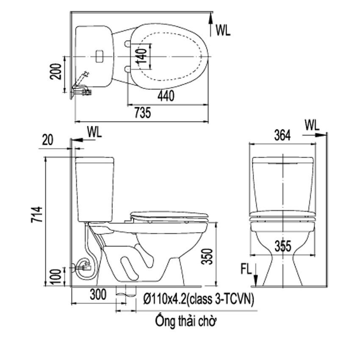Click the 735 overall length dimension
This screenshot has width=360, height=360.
pyautogui.click(x=143, y=113)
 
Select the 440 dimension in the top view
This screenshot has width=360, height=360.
pyautogui.click(x=166, y=96)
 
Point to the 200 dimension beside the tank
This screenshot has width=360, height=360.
pyautogui.click(x=56, y=72)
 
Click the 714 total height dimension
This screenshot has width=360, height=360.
pyautogui.click(x=37, y=214)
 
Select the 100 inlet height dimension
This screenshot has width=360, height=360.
pyautogui.click(x=55, y=277)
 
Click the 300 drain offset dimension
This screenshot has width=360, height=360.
pyautogui.click(x=98, y=294)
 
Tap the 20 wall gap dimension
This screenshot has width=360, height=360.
pyautogui.click(x=47, y=140)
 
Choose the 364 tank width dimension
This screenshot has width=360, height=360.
pyautogui.click(x=282, y=135)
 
